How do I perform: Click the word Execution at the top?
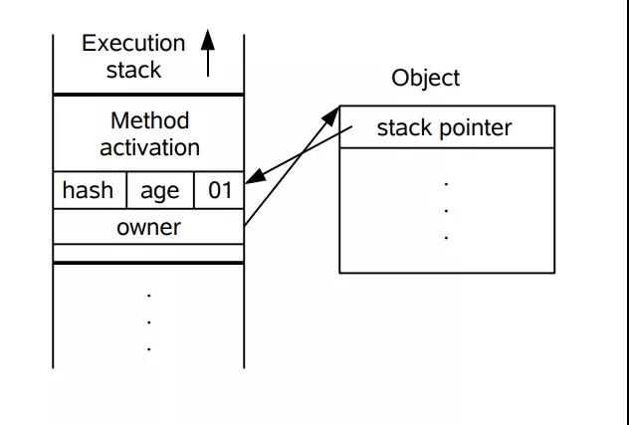[133, 44]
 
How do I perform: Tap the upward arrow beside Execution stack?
[207, 53]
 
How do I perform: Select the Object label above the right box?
[426, 79]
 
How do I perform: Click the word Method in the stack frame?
[149, 121]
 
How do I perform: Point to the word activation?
[149, 147]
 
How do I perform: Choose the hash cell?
[88, 190]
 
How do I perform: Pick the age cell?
[159, 190]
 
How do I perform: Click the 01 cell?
[219, 190]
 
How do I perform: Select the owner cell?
[148, 227]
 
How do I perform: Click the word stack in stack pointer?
[403, 127]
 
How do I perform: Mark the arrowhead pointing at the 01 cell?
[254, 179]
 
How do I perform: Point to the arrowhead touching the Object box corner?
[333, 115]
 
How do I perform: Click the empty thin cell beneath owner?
[148, 251]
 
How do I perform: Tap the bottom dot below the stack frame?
[148, 348]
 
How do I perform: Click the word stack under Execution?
[133, 71]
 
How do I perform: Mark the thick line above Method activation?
[148, 95]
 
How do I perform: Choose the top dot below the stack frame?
[148, 295]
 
